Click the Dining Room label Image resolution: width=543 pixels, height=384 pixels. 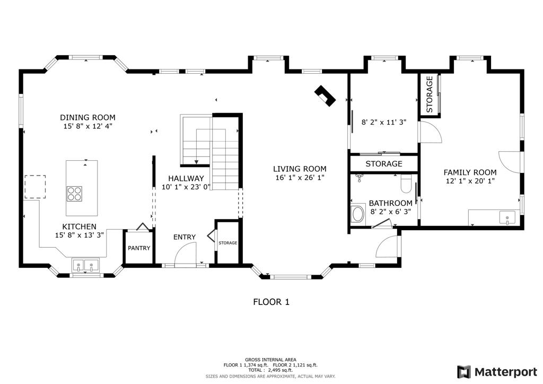click(87, 117)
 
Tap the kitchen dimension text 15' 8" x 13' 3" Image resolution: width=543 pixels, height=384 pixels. click(80, 235)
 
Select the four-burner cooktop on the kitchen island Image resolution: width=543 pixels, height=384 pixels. click(74, 194)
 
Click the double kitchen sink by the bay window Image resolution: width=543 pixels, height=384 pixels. click(86, 265)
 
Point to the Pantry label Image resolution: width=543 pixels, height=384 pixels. click(138, 248)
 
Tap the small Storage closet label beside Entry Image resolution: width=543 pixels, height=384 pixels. click(228, 243)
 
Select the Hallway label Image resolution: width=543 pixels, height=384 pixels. click(186, 178)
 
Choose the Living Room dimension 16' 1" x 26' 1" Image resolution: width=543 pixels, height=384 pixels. click(300, 178)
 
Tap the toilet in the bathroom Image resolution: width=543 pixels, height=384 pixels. click(406, 184)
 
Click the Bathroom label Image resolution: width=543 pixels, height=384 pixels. click(390, 203)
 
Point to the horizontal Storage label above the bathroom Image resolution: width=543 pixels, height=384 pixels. click(383, 164)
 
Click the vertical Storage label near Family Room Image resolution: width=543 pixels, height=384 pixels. click(430, 94)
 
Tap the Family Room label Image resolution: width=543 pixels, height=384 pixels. click(470, 172)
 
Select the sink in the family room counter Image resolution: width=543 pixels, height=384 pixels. click(507, 217)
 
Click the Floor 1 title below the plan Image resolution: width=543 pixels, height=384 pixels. click(271, 302)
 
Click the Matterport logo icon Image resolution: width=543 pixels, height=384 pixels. click(464, 371)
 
